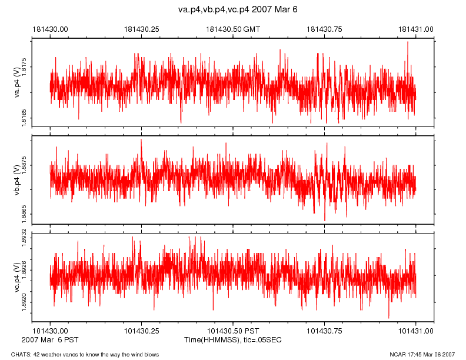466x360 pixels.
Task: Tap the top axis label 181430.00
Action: click(x=50, y=29)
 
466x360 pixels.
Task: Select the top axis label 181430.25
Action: click(x=142, y=29)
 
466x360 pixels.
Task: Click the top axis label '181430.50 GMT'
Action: click(x=232, y=29)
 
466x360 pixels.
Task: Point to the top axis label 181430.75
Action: click(x=325, y=29)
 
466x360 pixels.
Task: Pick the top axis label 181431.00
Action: click(x=416, y=29)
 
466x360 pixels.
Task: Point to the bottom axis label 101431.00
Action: click(x=416, y=331)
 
